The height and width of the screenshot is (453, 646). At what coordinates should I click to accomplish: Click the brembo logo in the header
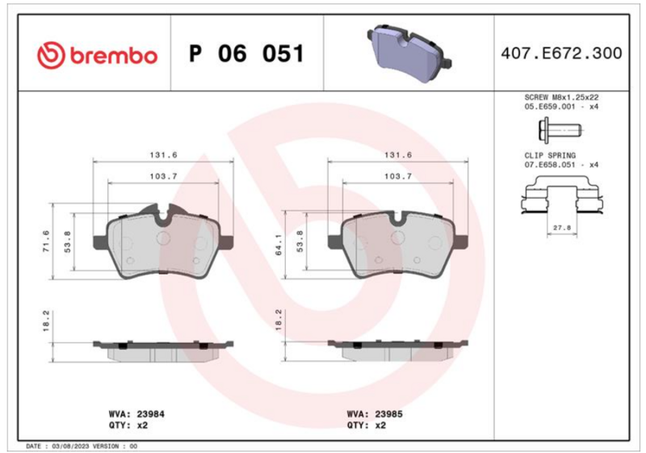pyautogui.click(x=97, y=55)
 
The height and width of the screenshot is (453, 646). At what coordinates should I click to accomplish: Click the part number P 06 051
pyautogui.click(x=246, y=53)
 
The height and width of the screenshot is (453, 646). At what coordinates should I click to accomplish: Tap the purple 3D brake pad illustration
pyautogui.click(x=409, y=52)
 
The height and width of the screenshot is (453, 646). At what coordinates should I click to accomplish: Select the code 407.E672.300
pyautogui.click(x=561, y=53)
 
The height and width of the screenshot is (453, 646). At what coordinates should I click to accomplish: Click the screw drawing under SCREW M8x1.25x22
pyautogui.click(x=560, y=131)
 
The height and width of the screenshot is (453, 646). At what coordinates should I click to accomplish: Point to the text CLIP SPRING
pyautogui.click(x=550, y=156)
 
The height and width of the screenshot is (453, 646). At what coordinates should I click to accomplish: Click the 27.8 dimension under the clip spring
pyautogui.click(x=561, y=228)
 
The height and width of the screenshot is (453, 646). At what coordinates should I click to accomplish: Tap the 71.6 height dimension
pyautogui.click(x=46, y=241)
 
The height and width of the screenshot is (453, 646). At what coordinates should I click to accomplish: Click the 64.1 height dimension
pyautogui.click(x=279, y=245)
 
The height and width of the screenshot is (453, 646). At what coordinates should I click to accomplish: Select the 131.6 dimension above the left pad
pyautogui.click(x=164, y=155)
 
